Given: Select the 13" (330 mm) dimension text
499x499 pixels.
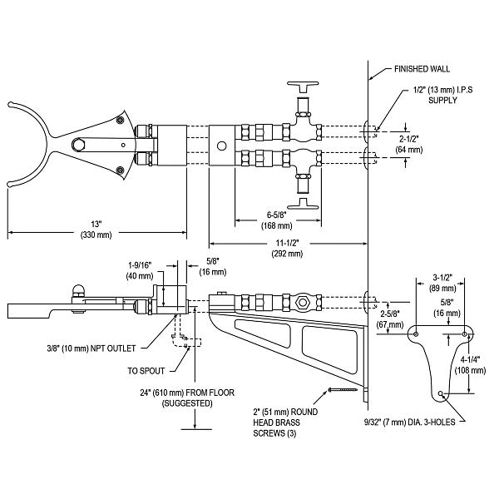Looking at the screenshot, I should [x=97, y=230].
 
